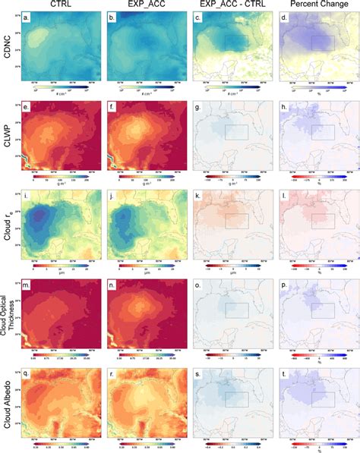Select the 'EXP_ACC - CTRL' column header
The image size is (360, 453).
(x=229, y=5)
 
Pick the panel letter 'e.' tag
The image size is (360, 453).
(x=28, y=109)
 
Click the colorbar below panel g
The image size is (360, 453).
(x=229, y=178)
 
